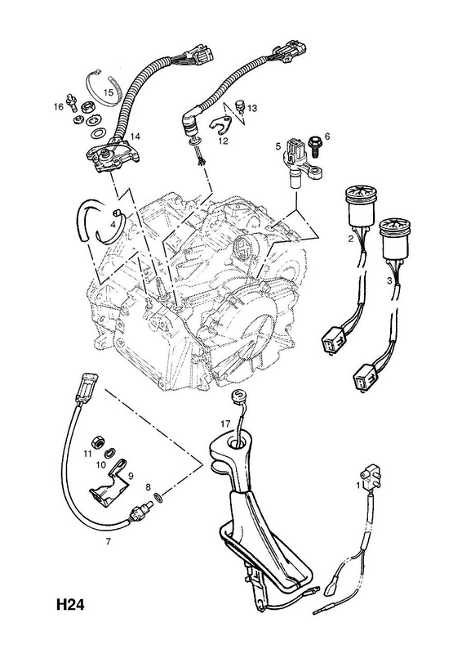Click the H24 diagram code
pos(70,604)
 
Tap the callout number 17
pos(225,423)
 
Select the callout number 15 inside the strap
pos(109,92)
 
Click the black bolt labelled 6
pos(313,147)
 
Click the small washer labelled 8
pos(158,497)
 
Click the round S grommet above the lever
pos(238,396)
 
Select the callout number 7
pos(108,542)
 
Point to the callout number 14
pos(135,137)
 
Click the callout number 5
pos(278,146)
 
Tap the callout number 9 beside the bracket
pos(130,475)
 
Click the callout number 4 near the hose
pos(113,224)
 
